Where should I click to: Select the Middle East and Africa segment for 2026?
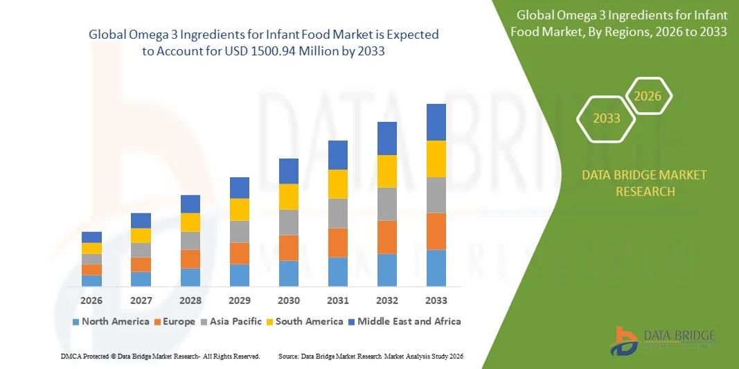click(x=91, y=237)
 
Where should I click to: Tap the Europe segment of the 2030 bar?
click(x=289, y=248)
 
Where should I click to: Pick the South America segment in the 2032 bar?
click(x=386, y=171)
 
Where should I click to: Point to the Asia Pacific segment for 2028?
click(x=190, y=240)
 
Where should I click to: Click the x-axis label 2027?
click(x=141, y=300)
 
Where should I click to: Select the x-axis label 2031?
click(x=337, y=300)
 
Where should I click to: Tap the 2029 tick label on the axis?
click(x=239, y=300)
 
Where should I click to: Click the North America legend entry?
click(x=110, y=321)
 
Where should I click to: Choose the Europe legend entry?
click(x=175, y=321)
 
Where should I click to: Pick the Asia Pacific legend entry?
click(x=233, y=321)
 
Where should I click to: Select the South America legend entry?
click(x=304, y=321)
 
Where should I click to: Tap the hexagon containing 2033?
click(x=607, y=118)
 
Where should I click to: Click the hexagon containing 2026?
click(x=648, y=96)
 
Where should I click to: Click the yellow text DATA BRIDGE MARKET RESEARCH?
click(x=645, y=183)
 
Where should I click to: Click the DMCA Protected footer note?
click(x=160, y=356)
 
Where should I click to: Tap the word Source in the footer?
click(x=288, y=356)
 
